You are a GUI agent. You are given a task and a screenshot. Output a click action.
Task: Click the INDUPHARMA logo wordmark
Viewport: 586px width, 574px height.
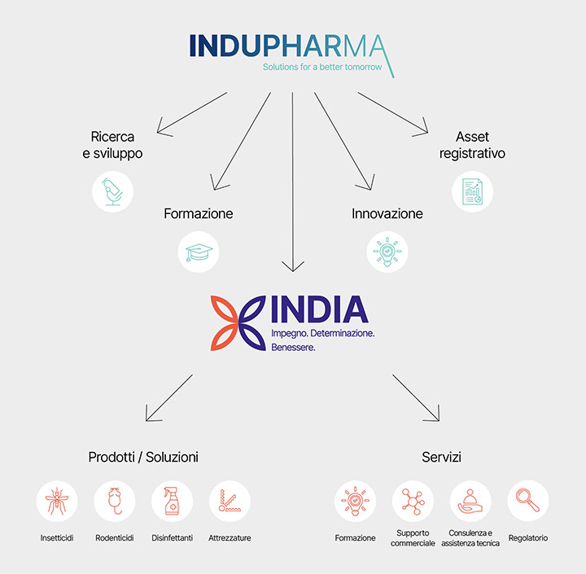pyautogui.click(x=289, y=46)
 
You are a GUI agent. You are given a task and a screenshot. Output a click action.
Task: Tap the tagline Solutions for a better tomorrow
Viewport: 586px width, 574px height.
pyautogui.click(x=321, y=67)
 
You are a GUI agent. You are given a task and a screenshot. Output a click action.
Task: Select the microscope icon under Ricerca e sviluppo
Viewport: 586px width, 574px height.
pyautogui.click(x=112, y=191)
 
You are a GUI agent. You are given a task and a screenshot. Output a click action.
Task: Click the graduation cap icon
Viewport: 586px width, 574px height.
pyautogui.click(x=198, y=251)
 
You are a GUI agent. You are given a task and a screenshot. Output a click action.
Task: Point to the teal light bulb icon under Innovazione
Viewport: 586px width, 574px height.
pyautogui.click(x=387, y=251)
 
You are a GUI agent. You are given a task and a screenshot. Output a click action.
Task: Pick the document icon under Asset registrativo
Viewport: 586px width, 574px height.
pyautogui.click(x=472, y=191)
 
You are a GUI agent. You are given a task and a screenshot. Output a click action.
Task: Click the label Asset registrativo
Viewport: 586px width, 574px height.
pyautogui.click(x=472, y=145)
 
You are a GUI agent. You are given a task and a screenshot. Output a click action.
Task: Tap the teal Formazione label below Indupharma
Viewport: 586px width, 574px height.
pyautogui.click(x=198, y=214)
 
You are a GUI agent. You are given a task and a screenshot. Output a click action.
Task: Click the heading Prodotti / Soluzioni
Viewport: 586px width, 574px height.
pyautogui.click(x=143, y=458)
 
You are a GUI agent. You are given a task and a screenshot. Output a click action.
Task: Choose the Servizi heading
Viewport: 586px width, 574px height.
pyautogui.click(x=442, y=458)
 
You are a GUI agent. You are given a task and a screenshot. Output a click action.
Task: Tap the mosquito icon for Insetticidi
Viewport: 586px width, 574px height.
pyautogui.click(x=57, y=501)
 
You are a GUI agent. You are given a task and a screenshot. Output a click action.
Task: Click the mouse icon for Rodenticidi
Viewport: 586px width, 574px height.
pyautogui.click(x=115, y=501)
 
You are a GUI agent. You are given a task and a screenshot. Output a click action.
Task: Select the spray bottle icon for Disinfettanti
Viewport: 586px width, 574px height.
pyautogui.click(x=172, y=501)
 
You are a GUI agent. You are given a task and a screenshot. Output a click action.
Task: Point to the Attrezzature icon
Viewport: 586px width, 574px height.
pyautogui.click(x=229, y=501)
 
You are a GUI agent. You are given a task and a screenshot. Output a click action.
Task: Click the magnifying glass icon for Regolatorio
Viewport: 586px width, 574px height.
pyautogui.click(x=528, y=501)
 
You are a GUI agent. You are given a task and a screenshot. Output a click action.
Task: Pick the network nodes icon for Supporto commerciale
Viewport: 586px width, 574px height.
pyautogui.click(x=413, y=501)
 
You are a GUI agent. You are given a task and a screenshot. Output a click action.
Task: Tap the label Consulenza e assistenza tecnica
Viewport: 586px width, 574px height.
pyautogui.click(x=470, y=538)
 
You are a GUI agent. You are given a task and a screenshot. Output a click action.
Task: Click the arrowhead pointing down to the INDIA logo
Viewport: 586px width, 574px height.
pyautogui.click(x=292, y=266)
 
